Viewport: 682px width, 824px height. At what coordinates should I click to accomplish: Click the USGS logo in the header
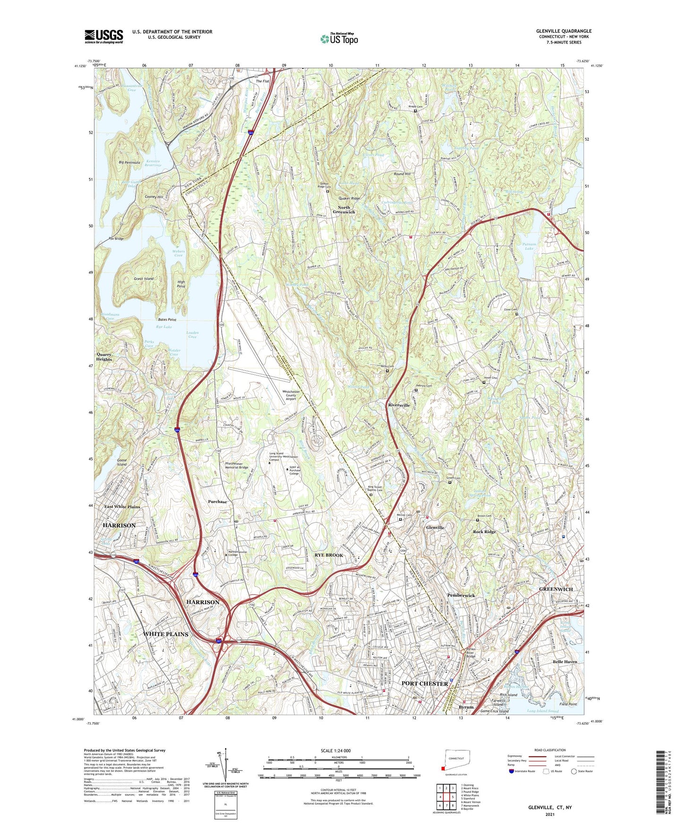coord(104,36)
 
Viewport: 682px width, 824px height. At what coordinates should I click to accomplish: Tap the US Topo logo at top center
coord(339,39)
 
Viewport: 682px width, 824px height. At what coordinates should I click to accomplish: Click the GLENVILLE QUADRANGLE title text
coord(564,31)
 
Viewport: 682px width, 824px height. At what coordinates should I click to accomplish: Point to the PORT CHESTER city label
coord(424,683)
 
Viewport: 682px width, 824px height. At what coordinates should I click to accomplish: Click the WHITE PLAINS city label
coord(166,634)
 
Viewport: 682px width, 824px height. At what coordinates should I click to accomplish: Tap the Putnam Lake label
coord(529,246)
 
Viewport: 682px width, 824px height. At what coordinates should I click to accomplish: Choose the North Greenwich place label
coord(344,210)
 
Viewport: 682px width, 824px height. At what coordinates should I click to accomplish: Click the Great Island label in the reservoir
coord(143,279)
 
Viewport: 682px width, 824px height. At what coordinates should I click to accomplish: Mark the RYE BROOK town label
coord(329,555)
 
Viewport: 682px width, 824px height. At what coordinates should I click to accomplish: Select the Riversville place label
coord(399,405)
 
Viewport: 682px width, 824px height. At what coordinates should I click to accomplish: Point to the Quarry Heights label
coord(104,357)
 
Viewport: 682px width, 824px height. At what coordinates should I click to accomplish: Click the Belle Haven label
coord(565,662)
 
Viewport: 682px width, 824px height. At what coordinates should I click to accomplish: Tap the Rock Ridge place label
coord(484,532)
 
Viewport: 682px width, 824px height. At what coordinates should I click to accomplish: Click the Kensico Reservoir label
coord(152,163)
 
